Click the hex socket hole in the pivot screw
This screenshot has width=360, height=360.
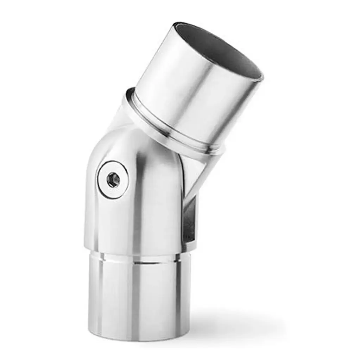[113, 180]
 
